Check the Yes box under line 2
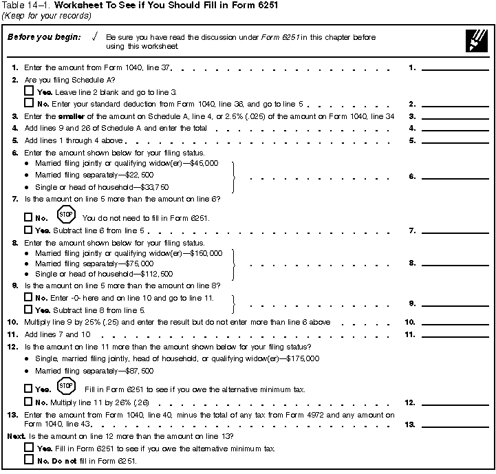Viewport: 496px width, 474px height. (x=28, y=91)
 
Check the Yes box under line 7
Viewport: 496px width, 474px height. (x=28, y=230)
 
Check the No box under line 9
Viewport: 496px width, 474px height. (x=28, y=297)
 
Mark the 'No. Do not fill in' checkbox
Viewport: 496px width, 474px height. (x=28, y=460)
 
